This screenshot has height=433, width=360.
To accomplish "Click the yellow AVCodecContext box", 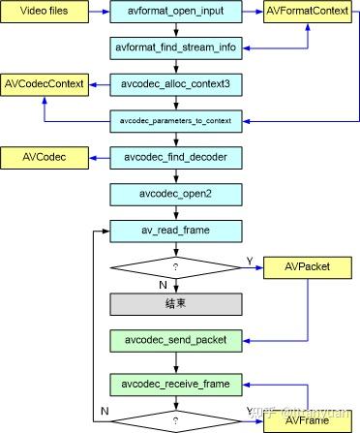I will tap(43, 83).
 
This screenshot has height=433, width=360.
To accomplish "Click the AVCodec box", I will tap(43, 155).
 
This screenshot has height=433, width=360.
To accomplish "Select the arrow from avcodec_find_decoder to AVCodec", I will tap(100, 155).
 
